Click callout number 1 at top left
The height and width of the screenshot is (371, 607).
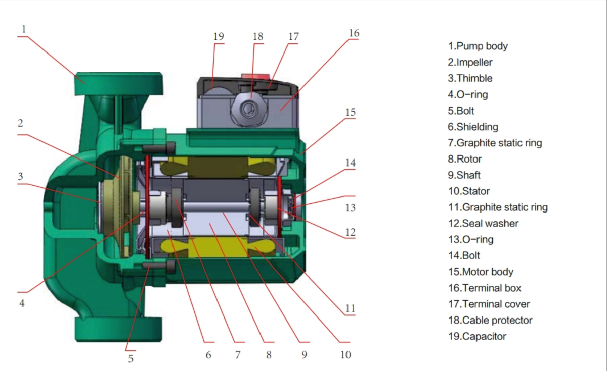click(x=23, y=28)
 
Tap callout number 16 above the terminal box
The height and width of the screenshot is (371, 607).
click(x=354, y=33)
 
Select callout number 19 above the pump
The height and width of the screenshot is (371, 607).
click(x=218, y=36)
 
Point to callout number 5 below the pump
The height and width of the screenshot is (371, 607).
click(x=131, y=359)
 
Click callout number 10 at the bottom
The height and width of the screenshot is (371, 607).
click(x=345, y=354)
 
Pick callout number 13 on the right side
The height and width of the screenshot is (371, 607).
click(x=350, y=207)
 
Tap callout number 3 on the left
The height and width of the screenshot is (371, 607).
click(x=20, y=176)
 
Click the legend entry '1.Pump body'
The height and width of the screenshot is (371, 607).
click(x=478, y=46)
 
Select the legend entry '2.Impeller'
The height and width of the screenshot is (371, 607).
click(x=470, y=62)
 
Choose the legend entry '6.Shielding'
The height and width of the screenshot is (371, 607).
click(x=473, y=127)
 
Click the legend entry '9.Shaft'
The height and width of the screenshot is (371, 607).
click(x=464, y=175)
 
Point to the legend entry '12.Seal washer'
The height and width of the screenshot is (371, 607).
click(x=483, y=223)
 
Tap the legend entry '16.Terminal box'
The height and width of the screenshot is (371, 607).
click(x=484, y=288)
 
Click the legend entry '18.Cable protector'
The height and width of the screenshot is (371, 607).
click(x=490, y=320)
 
